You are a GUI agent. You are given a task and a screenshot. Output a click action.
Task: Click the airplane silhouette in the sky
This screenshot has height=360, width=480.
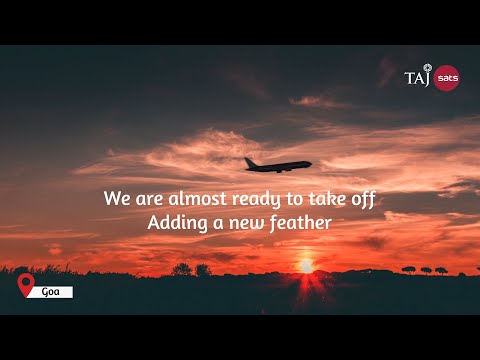tap(277, 165)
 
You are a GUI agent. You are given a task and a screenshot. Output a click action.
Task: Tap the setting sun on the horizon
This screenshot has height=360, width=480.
tap(305, 266)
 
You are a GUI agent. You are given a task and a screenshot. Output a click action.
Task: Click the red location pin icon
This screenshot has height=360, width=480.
tap(27, 286)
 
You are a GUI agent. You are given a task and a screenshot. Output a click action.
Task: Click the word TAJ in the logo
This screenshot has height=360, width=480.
tap(417, 77)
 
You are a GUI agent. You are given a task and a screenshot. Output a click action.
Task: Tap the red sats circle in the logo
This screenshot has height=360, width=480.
tap(447, 77)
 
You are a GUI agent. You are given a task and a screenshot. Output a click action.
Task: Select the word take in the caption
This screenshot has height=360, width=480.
tap(330, 198)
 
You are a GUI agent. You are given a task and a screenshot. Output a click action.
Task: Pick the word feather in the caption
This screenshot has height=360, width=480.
tap(296, 222)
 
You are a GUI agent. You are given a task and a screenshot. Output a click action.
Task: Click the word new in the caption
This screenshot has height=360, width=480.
tap(238, 223)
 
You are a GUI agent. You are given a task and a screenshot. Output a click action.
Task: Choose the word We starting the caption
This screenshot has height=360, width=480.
tap(116, 198)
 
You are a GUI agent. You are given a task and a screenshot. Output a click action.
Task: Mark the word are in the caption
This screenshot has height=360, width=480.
tap(151, 198)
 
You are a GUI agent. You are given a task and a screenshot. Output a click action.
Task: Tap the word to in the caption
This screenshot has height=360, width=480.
tap(297, 198)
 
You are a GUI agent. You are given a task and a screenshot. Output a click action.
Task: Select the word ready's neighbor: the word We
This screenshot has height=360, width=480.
tap(116, 198)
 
